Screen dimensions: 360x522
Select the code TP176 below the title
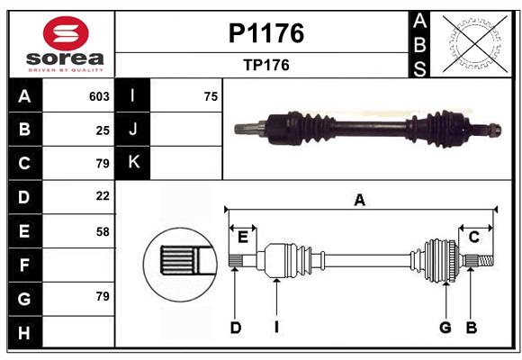click(x=265, y=65)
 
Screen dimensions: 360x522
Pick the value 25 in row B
click(x=102, y=130)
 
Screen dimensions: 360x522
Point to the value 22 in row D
click(x=102, y=196)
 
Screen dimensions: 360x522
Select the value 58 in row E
click(x=102, y=231)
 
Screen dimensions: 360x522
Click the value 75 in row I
click(x=211, y=96)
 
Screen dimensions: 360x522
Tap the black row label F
click(x=24, y=265)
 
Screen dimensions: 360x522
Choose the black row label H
click(x=24, y=332)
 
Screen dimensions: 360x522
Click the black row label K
click(x=133, y=163)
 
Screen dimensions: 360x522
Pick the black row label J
click(x=133, y=130)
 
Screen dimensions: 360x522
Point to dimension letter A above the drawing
click(x=359, y=200)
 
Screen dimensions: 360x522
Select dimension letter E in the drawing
click(x=243, y=237)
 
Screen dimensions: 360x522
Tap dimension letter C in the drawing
click(x=473, y=237)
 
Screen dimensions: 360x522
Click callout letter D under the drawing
click(x=235, y=328)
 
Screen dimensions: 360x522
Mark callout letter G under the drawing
click(x=445, y=328)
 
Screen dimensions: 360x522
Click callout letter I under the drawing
click(x=277, y=328)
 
